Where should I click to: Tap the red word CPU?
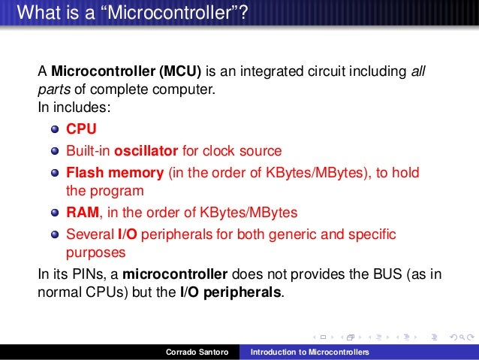click(81, 129)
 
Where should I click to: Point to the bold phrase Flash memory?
click(115, 172)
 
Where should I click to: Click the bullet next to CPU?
click(56, 129)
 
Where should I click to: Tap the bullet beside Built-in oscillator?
click(56, 150)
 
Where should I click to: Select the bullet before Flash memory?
click(56, 173)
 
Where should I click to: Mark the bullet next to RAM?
click(56, 212)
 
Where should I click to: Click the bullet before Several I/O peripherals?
click(56, 234)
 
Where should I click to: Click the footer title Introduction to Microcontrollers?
click(315, 352)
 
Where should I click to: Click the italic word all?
click(419, 73)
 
